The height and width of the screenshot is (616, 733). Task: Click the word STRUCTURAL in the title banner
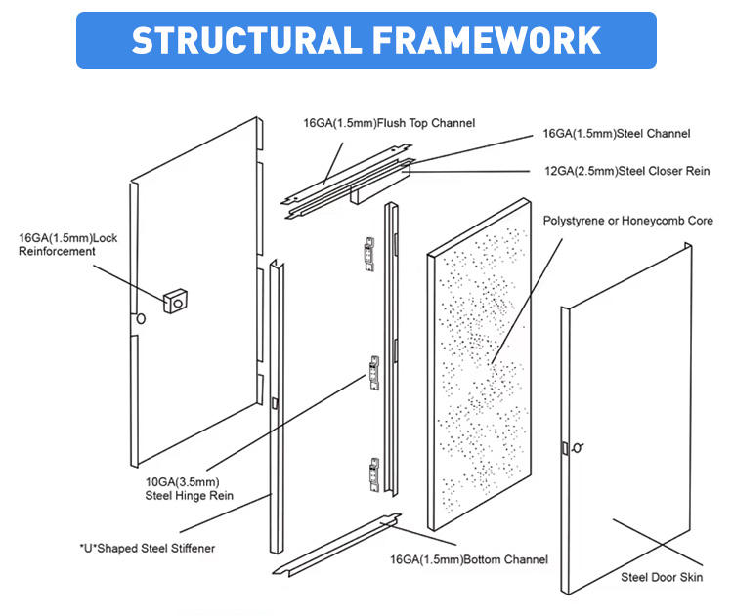tap(247, 40)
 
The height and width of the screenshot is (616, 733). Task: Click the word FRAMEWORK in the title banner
tap(487, 40)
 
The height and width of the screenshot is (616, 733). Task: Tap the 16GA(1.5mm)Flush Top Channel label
tap(389, 123)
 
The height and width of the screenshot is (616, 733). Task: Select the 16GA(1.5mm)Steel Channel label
tap(616, 134)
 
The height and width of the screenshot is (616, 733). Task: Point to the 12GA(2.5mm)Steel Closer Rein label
tap(626, 171)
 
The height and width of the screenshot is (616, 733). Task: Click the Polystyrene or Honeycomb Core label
tap(627, 221)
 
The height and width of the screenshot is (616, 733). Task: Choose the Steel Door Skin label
tap(662, 577)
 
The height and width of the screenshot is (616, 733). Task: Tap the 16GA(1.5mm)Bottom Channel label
tap(469, 559)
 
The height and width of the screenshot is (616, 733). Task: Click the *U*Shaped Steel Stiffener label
tap(148, 548)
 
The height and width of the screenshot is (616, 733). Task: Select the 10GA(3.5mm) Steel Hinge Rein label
tap(189, 488)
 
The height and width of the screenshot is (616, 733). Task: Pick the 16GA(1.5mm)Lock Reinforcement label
tap(67, 245)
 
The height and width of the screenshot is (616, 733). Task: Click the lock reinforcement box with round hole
tap(175, 302)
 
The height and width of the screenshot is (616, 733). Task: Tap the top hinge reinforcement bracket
tap(369, 254)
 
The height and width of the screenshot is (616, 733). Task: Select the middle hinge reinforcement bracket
tap(374, 373)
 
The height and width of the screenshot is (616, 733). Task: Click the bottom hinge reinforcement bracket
tap(374, 474)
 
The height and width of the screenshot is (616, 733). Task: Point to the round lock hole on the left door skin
tap(140, 319)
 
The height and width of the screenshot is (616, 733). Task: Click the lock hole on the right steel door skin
tap(578, 448)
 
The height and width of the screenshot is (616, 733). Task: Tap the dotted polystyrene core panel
tap(479, 364)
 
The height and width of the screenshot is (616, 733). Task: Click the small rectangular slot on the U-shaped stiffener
tap(275, 403)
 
